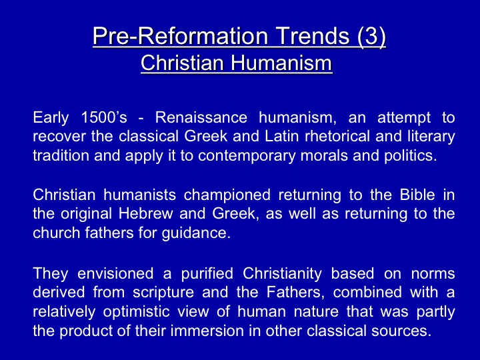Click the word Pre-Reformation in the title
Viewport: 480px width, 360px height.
coord(180,35)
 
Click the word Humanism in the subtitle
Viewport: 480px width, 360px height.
coord(281,63)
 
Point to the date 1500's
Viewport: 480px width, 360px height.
coord(104,117)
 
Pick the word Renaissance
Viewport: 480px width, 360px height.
coord(201,117)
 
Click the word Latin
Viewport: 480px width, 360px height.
coord(281,137)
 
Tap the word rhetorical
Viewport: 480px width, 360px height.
coord(337,137)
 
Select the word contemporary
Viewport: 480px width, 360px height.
coord(247,156)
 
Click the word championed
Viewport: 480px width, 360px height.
coord(227,195)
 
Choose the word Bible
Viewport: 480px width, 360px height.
coord(417,195)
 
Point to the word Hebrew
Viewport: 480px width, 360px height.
coord(146,214)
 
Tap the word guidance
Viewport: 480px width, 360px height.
coord(196,233)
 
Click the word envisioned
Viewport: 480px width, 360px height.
coord(115,273)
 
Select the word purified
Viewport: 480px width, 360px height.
coord(207,274)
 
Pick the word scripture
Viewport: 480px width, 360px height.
coord(163,293)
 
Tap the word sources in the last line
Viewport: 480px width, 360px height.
coord(401,331)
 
